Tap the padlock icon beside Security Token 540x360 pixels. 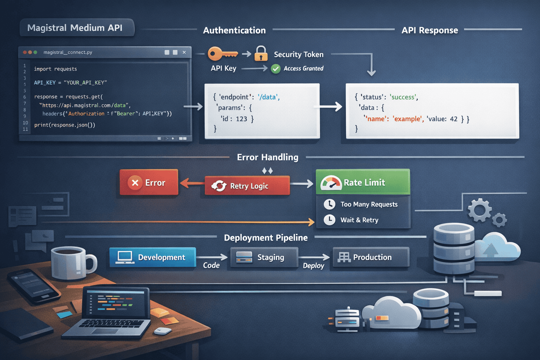pos(261,53)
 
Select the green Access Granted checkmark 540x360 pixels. pos(276,69)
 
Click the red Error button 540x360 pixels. pos(149,182)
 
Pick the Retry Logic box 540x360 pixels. pos(247,186)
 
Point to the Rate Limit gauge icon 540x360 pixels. pos(331,183)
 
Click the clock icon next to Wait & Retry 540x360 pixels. pos(329,220)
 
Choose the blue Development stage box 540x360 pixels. pos(153,257)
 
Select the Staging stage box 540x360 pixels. pos(264,257)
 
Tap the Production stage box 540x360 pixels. pos(371,257)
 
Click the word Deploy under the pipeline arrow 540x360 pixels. pos(313,266)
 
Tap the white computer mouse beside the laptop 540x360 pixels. pos(163,331)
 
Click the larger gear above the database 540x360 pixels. pos(479,210)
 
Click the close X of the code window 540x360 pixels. pos(184,52)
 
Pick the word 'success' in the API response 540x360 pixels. pos(403,97)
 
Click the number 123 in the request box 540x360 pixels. pos(242,119)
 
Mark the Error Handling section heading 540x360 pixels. pos(268,157)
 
